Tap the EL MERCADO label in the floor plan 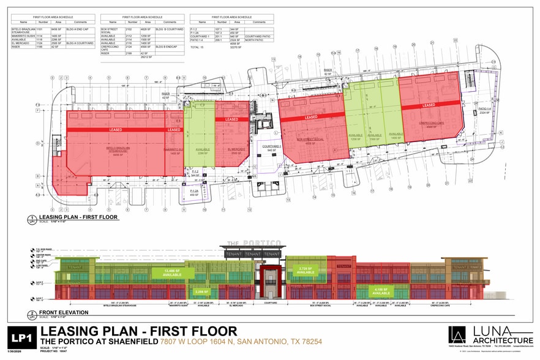pyautogui.click(x=236, y=149)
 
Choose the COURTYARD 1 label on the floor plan pyautogui.click(x=271, y=147)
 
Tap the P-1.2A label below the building pyautogui.click(x=194, y=193)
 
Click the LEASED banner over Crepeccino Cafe pyautogui.click(x=427, y=106)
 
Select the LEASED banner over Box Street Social pyautogui.click(x=311, y=117)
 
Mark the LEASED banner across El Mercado pyautogui.click(x=231, y=119)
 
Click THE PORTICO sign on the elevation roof pyautogui.click(x=252, y=244)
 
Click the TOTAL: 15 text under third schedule pyautogui.click(x=197, y=47)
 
